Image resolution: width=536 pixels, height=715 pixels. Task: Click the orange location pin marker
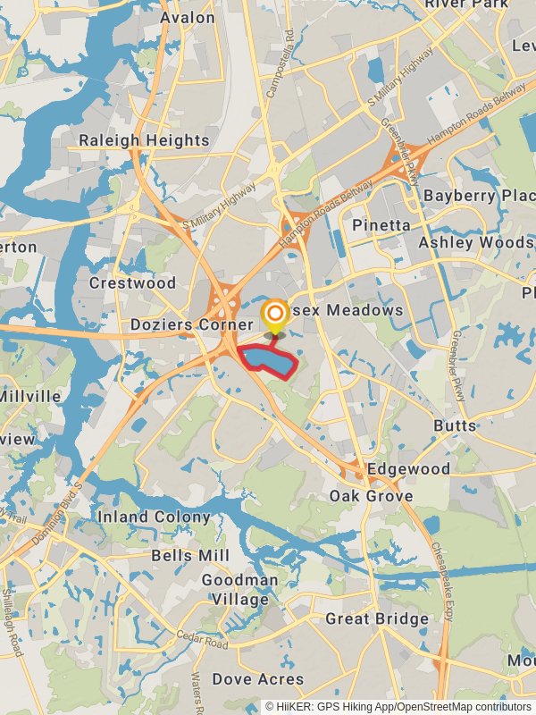275,314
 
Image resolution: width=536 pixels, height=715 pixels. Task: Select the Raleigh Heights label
144,140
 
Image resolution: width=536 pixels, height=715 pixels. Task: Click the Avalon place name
188,17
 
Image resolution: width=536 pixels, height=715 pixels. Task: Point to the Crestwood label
133,282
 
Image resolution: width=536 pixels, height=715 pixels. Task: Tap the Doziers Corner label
192,324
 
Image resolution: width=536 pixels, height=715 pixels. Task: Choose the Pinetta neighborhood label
381,224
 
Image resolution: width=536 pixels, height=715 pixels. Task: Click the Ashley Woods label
476,243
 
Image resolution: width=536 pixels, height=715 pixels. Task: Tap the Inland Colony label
154,517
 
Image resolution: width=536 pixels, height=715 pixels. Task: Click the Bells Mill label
190,555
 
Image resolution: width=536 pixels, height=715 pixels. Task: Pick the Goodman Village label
239,589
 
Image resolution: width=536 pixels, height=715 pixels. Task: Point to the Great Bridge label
376,618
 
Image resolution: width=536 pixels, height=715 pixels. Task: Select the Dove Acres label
257,679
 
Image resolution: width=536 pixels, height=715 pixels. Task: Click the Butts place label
455,425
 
